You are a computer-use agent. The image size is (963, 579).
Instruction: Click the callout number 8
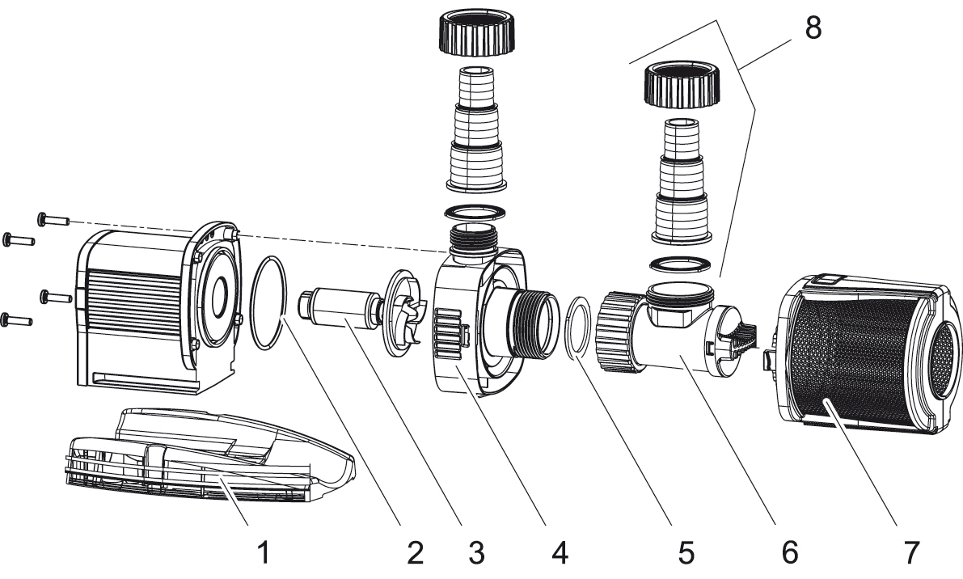pos(812,27)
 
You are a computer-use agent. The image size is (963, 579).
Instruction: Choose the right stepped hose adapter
pos(683,182)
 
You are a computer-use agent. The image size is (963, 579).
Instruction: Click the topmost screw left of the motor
pos(50,219)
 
